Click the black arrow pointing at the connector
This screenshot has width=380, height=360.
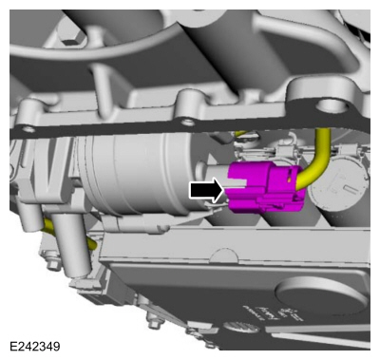click(x=206, y=190)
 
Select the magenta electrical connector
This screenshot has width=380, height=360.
click(x=265, y=186)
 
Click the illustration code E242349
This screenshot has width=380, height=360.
click(x=35, y=346)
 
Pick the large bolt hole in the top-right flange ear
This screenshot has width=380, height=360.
click(x=332, y=105)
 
